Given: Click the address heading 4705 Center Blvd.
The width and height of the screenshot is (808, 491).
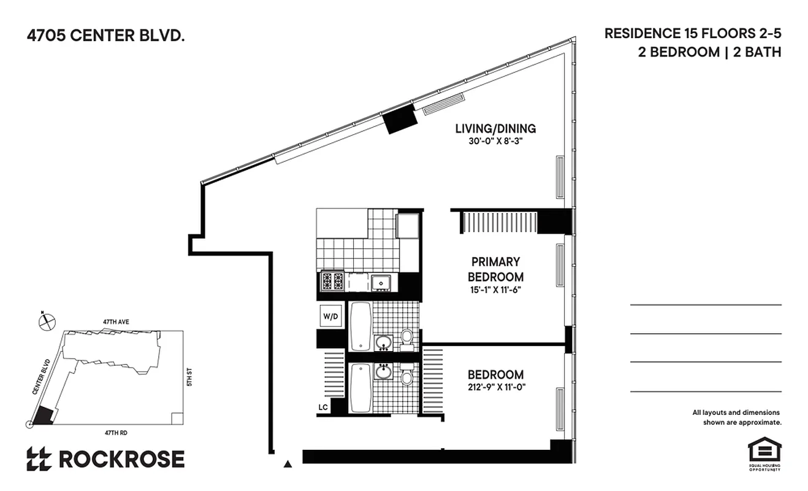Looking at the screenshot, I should pyautogui.click(x=105, y=36).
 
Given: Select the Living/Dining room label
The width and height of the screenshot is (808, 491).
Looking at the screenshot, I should pyautogui.click(x=495, y=129).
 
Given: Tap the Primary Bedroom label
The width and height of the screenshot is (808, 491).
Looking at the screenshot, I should pyautogui.click(x=495, y=269).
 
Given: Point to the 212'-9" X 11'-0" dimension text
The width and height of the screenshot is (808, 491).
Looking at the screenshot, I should pyautogui.click(x=496, y=387).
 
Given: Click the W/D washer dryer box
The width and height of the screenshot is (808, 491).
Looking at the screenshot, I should pyautogui.click(x=330, y=317).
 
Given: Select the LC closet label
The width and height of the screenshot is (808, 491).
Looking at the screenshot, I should pyautogui.click(x=322, y=406).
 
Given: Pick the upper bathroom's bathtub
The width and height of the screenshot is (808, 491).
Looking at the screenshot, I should pyautogui.click(x=360, y=325).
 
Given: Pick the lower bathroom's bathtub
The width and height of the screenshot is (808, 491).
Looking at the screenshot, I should pyautogui.click(x=360, y=387).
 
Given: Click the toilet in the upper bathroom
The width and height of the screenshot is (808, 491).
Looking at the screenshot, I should pyautogui.click(x=406, y=338).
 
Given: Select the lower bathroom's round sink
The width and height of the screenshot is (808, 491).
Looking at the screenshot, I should pyautogui.click(x=384, y=371).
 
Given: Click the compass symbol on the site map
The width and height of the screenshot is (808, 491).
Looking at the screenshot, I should pyautogui.click(x=47, y=321).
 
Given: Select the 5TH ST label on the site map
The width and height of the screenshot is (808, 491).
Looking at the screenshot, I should pyautogui.click(x=190, y=377).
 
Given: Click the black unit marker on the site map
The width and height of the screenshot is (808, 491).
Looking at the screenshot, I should pyautogui.click(x=42, y=416).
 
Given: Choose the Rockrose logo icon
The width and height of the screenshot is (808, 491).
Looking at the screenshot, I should pyautogui.click(x=39, y=459).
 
